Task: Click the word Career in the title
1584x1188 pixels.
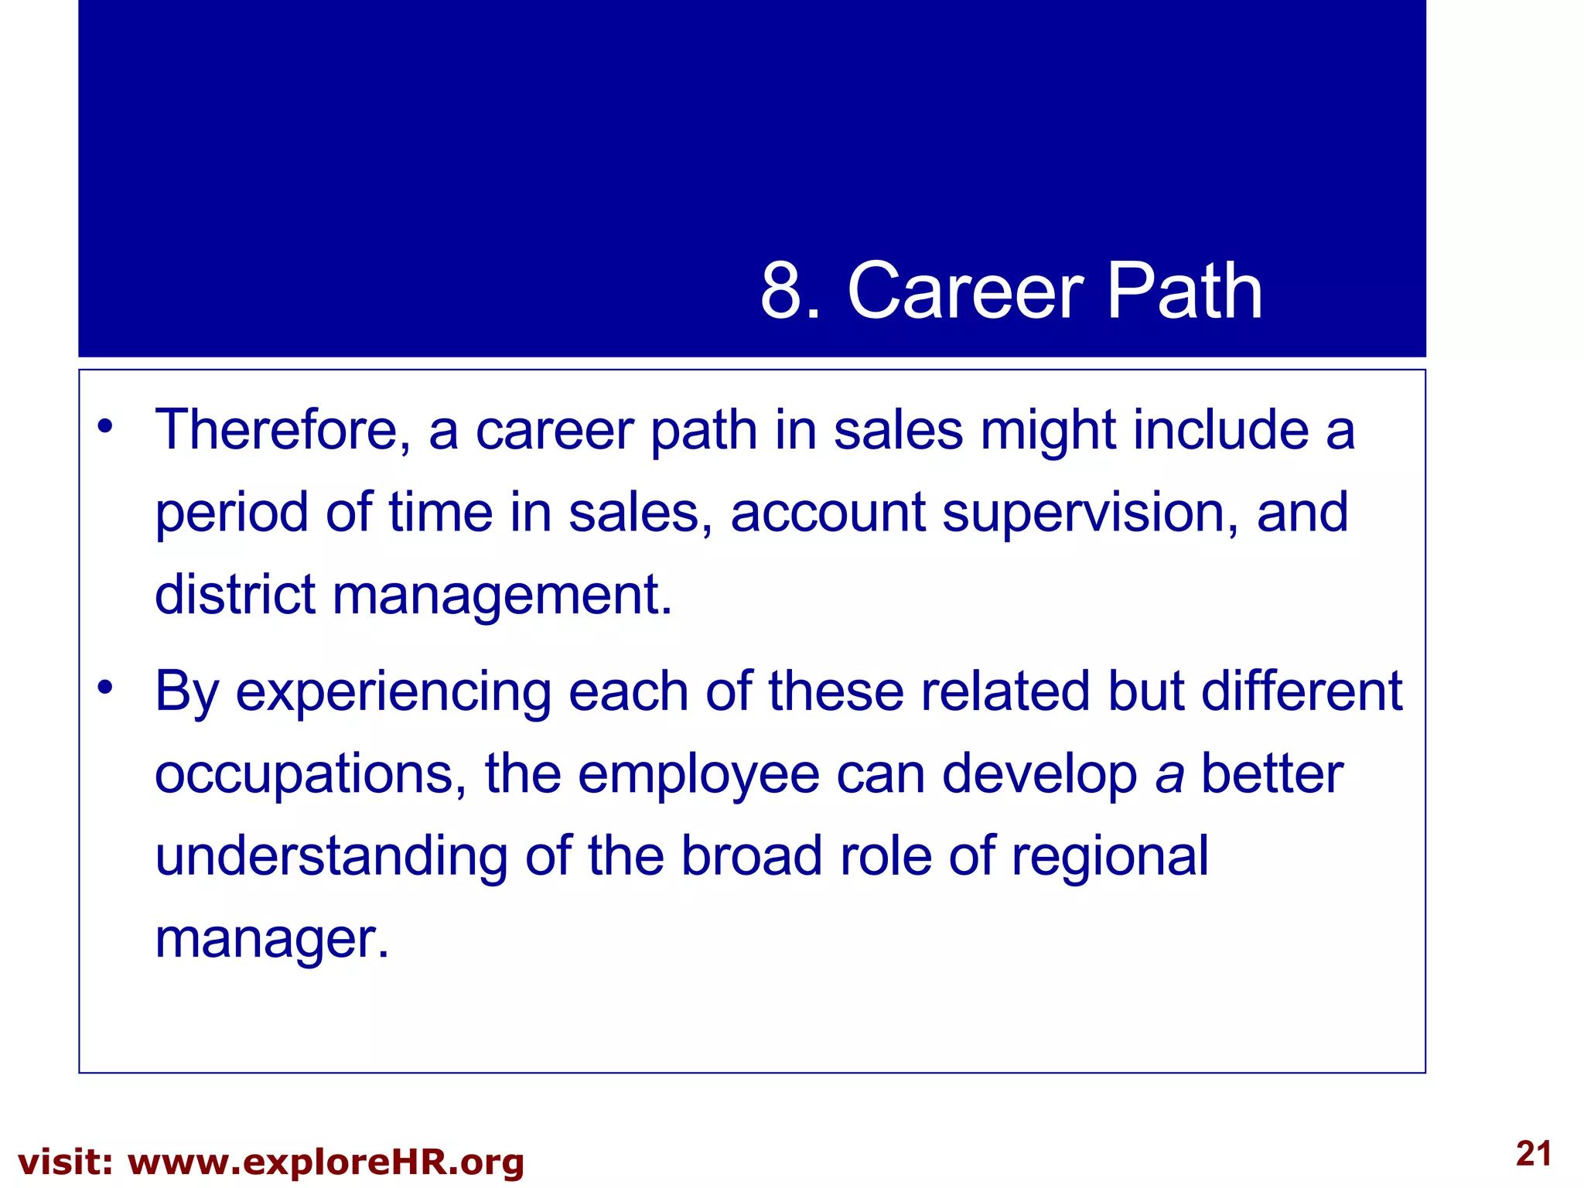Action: pos(965,292)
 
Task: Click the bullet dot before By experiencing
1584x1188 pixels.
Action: pos(105,685)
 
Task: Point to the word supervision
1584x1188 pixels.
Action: pos(1090,514)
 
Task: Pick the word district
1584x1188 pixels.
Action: pos(235,595)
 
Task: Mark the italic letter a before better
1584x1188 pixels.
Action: pos(1169,775)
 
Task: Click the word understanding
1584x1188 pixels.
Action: pos(331,857)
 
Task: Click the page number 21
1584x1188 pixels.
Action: pos(1534,1154)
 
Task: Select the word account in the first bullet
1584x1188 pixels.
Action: pos(828,514)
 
